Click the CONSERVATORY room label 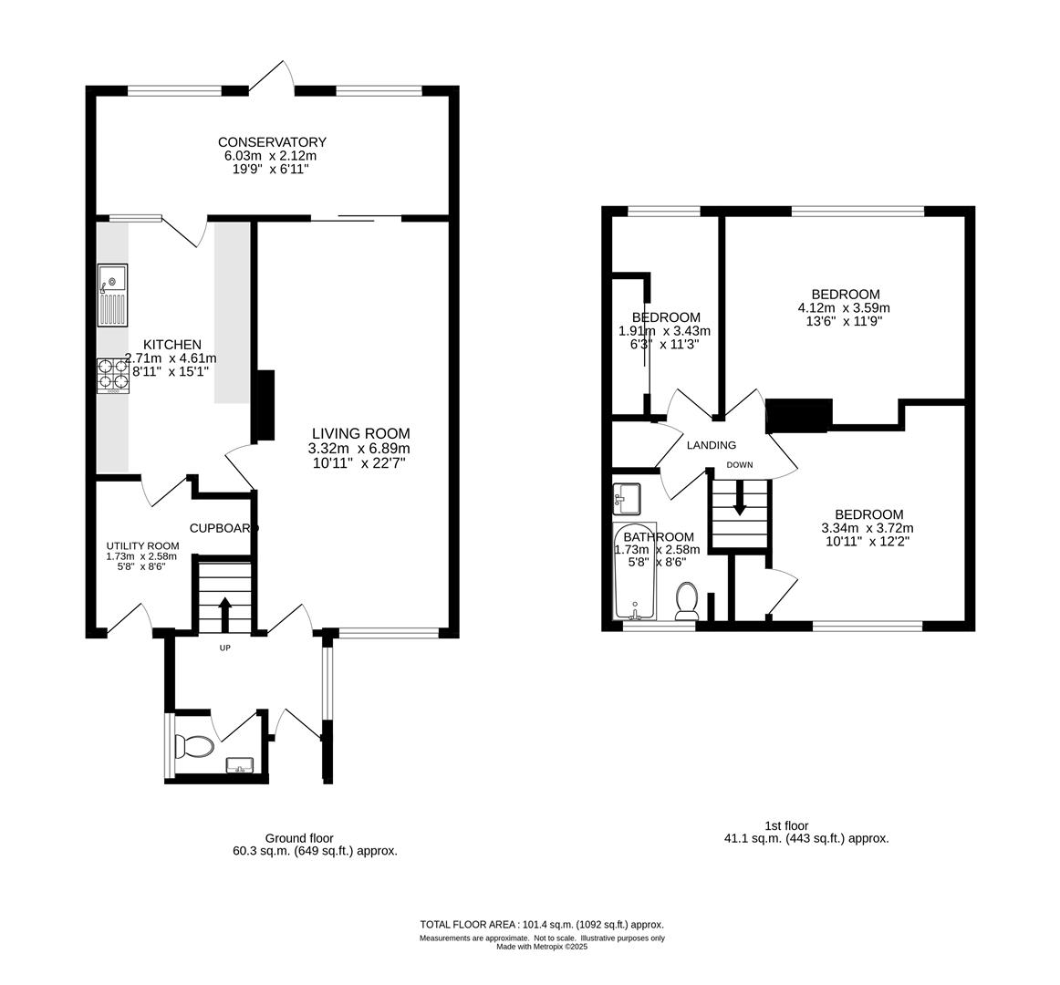[272, 142]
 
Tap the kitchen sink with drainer [112, 295]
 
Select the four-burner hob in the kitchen [113, 376]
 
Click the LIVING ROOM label [360, 433]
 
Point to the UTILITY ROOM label [142, 546]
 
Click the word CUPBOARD [223, 528]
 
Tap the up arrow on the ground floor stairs [225, 614]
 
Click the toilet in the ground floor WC [194, 746]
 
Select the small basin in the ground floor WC [240, 764]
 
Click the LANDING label [712, 445]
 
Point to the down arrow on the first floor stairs [740, 498]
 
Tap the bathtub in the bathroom [635, 571]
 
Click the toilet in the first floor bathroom [688, 600]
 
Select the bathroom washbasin [628, 499]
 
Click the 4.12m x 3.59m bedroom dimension [845, 307]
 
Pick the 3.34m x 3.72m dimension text [868, 528]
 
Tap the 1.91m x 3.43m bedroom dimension [664, 330]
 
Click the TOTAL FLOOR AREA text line [542, 924]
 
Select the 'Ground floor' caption [299, 838]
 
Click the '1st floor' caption [786, 825]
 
